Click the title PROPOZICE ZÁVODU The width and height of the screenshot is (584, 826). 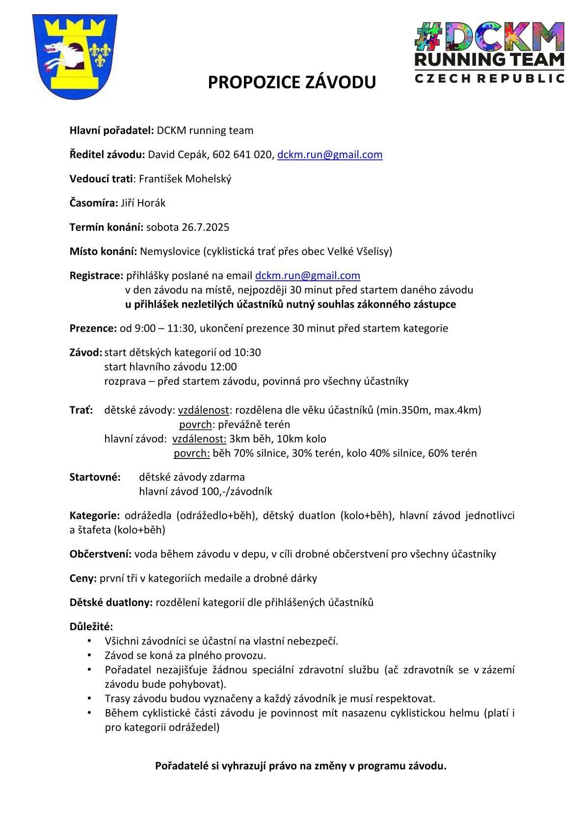(x=292, y=82)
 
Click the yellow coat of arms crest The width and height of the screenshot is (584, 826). (x=75, y=56)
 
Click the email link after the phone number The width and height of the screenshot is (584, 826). (x=330, y=155)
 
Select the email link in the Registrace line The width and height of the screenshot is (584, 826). (x=308, y=275)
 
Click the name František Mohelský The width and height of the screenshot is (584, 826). (x=185, y=179)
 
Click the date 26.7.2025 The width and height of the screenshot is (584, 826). (x=205, y=227)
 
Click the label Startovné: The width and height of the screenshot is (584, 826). (x=95, y=477)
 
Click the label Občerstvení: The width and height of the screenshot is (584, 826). (x=100, y=554)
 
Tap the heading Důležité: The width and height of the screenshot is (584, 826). (x=91, y=627)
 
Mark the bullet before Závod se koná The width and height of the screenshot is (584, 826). (x=89, y=655)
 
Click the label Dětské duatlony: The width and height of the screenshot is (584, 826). (x=111, y=602)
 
